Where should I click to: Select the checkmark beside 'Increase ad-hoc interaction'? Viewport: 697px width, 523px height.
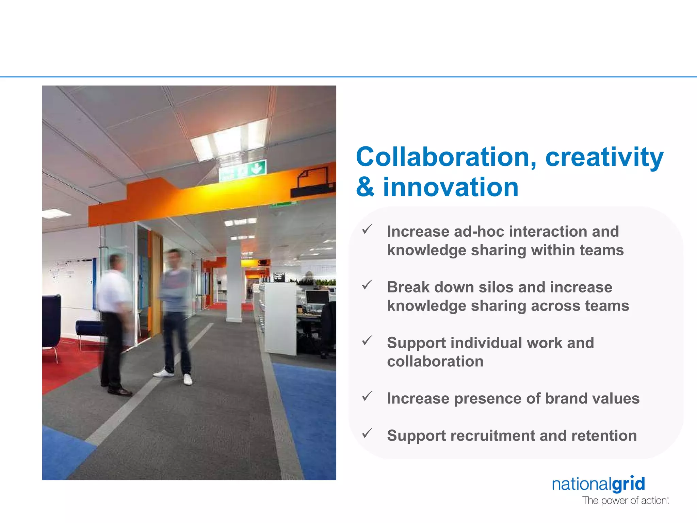[x=367, y=229]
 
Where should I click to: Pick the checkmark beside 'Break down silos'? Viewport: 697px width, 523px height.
[x=367, y=285]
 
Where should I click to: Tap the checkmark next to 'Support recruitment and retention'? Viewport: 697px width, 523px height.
[x=367, y=433]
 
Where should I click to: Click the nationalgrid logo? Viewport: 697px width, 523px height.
[x=598, y=484]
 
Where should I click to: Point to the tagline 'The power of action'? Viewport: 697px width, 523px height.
[x=625, y=501]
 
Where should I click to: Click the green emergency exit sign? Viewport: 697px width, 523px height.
[x=242, y=170]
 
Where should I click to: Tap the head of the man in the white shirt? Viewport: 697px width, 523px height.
[x=116, y=263]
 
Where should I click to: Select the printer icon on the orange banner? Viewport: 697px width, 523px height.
[x=312, y=183]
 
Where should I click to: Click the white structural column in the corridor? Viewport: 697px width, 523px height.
[x=234, y=283]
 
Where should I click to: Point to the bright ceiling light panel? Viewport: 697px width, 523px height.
[x=229, y=140]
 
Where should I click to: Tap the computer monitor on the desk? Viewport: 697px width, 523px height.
[x=317, y=297]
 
